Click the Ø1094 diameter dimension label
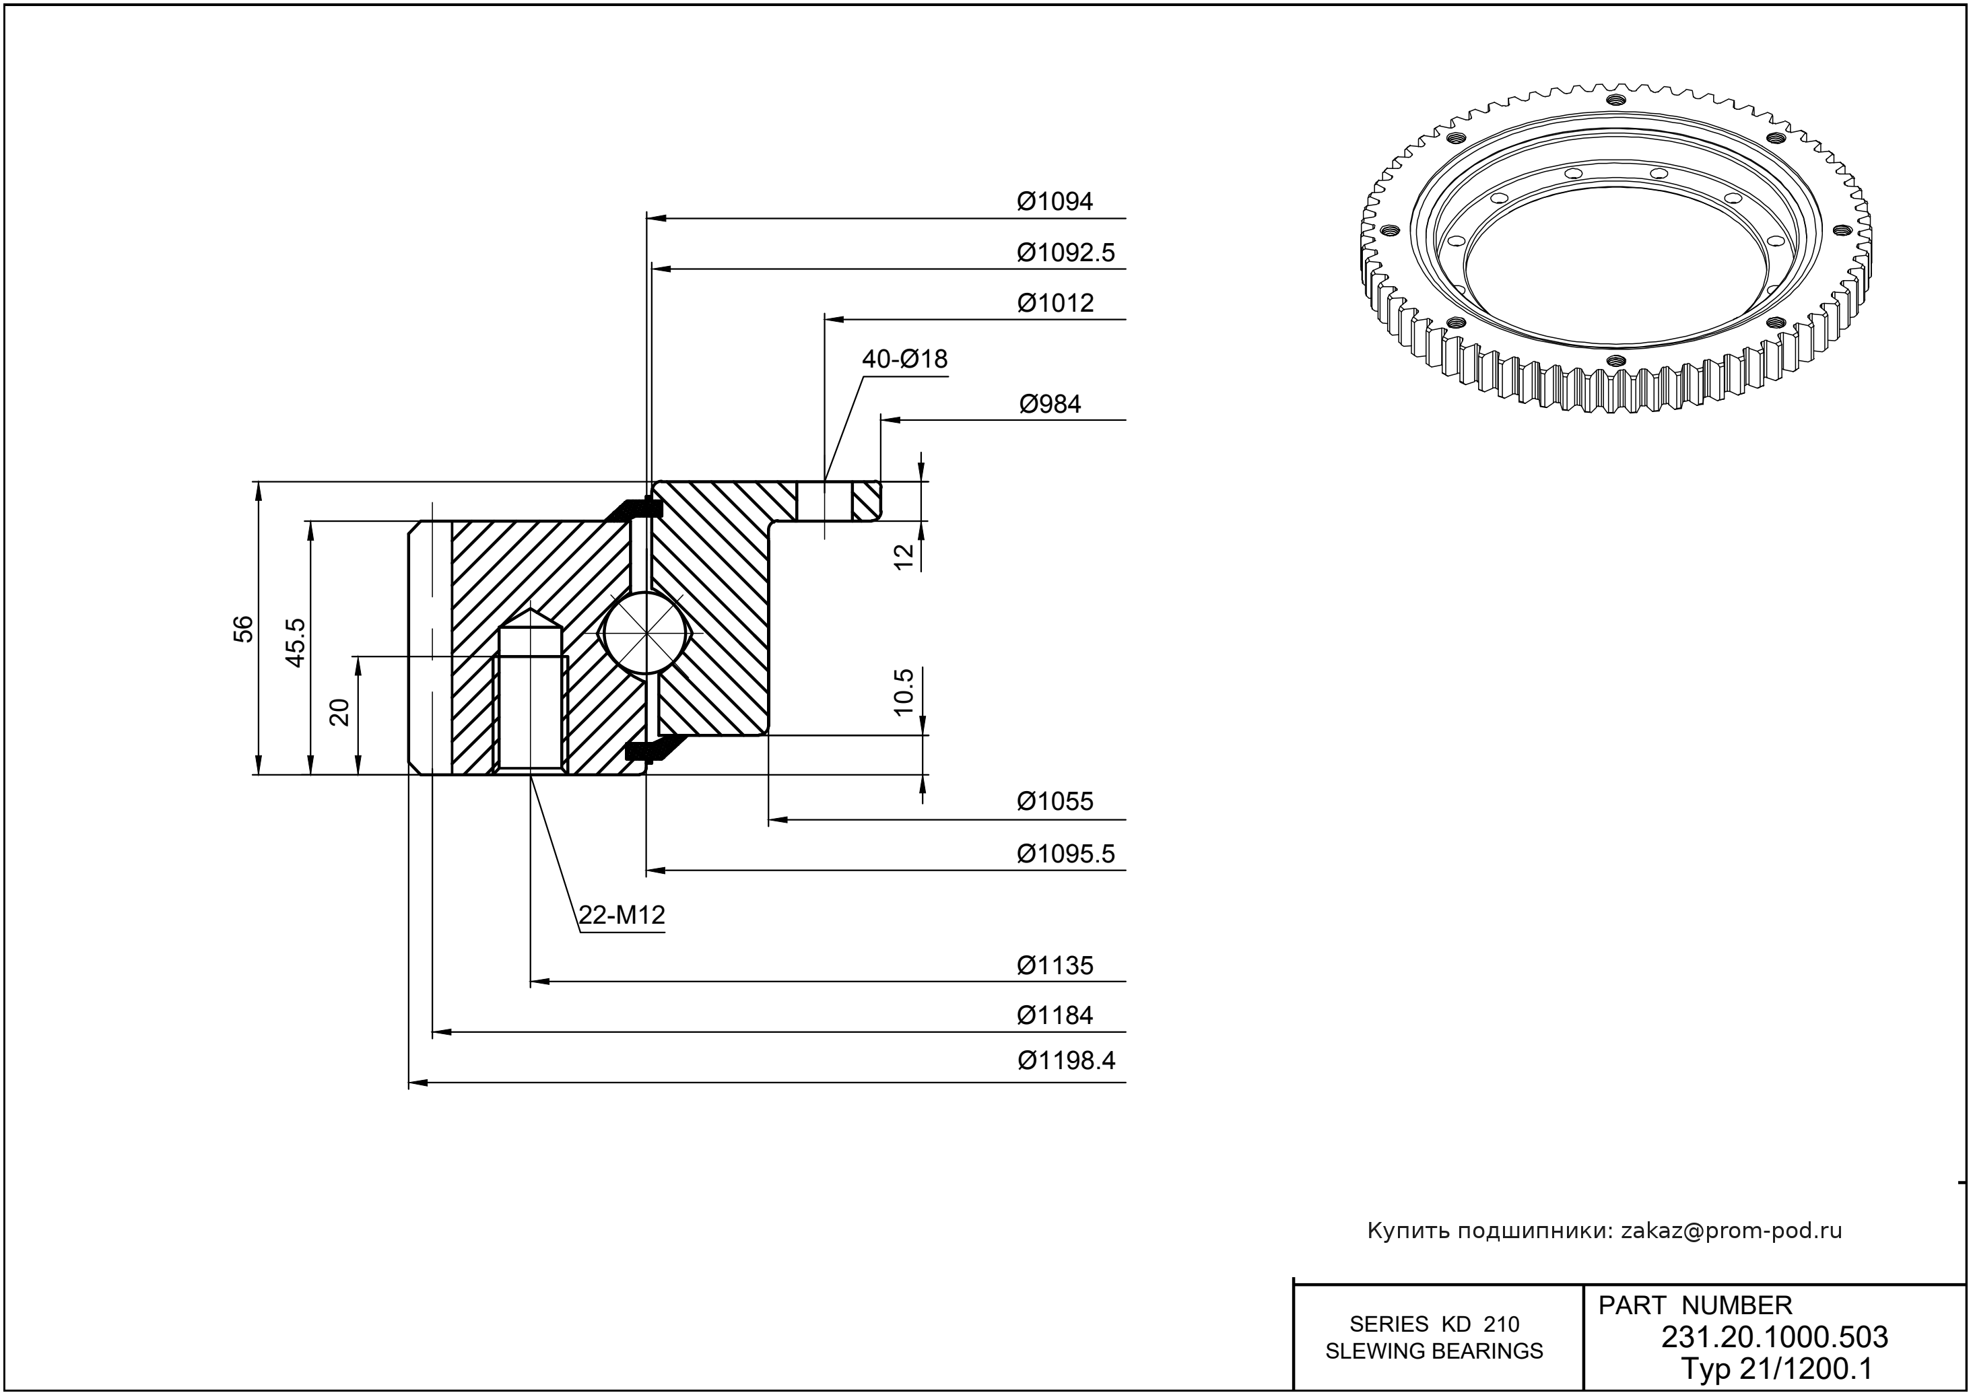click(x=1055, y=202)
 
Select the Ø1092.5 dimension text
click(x=1065, y=252)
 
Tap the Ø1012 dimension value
click(x=1055, y=303)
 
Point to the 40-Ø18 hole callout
click(x=904, y=359)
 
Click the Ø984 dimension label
click(x=1050, y=404)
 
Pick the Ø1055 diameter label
click(x=1055, y=801)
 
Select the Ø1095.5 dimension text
click(x=1065, y=854)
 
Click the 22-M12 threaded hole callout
click(x=622, y=916)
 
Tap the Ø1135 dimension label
click(x=1055, y=965)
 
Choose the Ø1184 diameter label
click(x=1055, y=1015)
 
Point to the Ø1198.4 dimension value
click(x=1066, y=1061)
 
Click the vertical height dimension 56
click(x=244, y=629)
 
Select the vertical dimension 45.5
click(x=296, y=642)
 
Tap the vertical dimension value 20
click(x=341, y=712)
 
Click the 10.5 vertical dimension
click(x=904, y=692)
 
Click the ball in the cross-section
click(x=644, y=632)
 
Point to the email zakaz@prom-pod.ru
click(x=1731, y=1231)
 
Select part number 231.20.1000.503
click(x=1774, y=1338)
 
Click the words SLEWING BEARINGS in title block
click(x=1434, y=1351)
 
